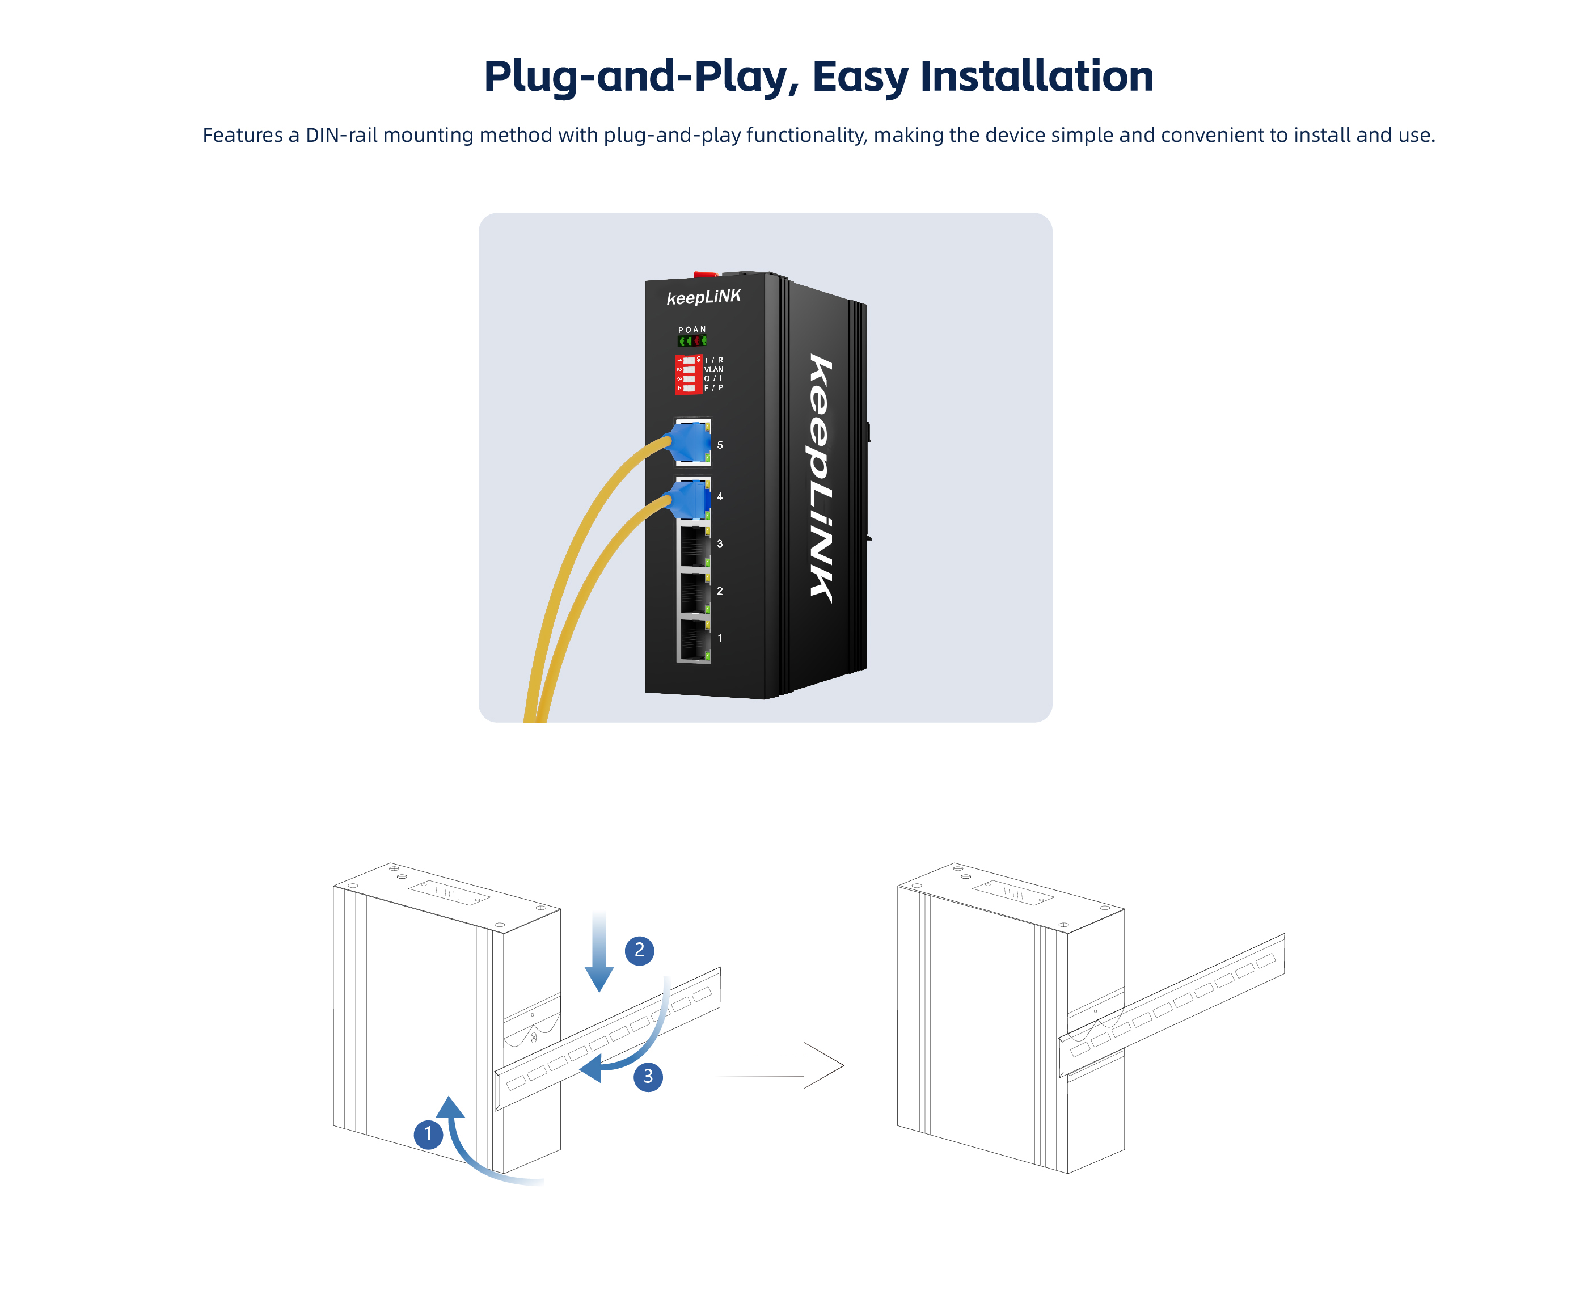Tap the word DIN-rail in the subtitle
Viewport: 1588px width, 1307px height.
pos(341,135)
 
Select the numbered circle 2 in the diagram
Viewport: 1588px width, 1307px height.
pos(639,950)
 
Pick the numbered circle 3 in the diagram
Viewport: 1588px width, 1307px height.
pos(648,1077)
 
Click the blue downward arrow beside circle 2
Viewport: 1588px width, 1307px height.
pos(599,952)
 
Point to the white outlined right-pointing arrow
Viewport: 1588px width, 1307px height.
pos(780,1065)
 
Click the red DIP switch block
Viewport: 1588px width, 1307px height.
pos(688,374)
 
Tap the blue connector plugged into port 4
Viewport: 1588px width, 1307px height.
pos(687,499)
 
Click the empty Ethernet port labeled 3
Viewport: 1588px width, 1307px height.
pos(695,546)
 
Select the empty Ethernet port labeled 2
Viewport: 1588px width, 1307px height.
pos(695,592)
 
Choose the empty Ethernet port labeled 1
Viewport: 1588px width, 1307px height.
pos(695,640)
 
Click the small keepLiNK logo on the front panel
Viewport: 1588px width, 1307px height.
pos(704,297)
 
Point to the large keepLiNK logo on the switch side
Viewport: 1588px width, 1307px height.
pos(821,478)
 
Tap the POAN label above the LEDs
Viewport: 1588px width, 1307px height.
pos(692,330)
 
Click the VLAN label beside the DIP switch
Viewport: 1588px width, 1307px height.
pos(713,369)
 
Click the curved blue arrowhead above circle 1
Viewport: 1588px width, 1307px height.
pos(450,1107)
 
